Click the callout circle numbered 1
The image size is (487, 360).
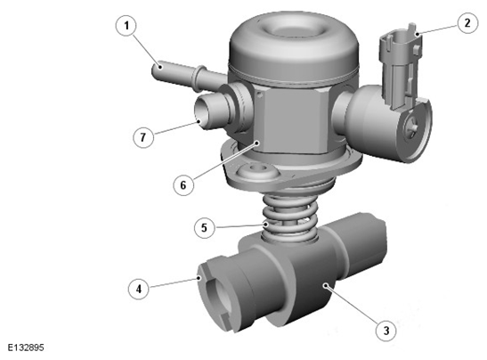click(126, 26)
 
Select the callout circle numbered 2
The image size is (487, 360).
click(467, 22)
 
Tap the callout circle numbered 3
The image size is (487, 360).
click(386, 331)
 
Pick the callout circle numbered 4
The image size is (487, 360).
click(139, 289)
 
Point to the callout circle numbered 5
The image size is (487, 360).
click(204, 227)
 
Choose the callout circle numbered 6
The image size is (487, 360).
click(183, 185)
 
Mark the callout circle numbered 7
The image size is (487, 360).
click(143, 137)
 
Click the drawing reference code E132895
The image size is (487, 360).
click(26, 348)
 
